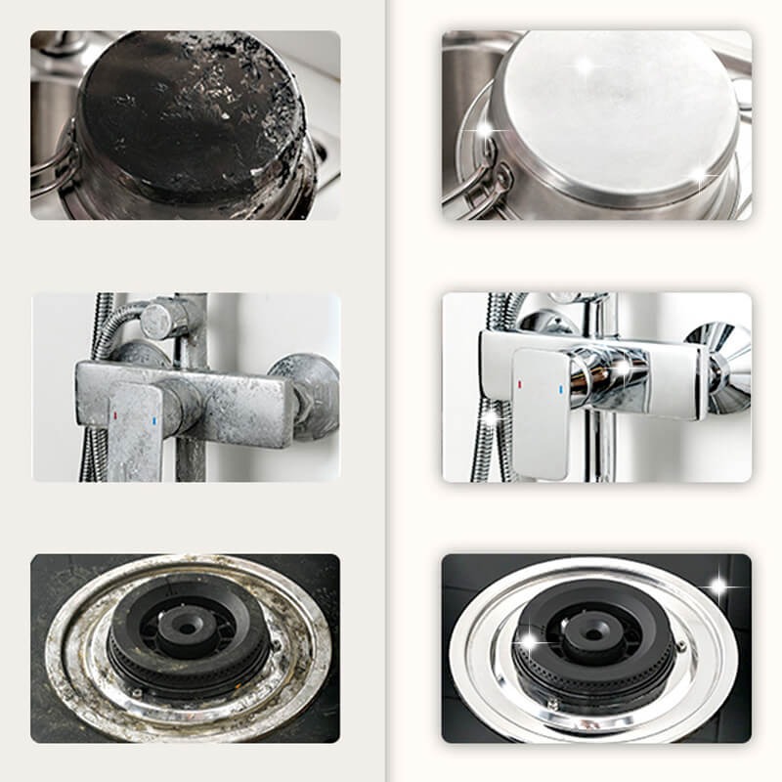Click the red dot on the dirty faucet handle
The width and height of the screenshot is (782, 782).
pos(116,414)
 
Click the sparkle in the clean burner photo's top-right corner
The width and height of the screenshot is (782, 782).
pos(719,587)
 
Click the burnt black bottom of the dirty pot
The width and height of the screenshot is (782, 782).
pos(186,108)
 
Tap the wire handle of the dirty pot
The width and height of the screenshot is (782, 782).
pos(54,166)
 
